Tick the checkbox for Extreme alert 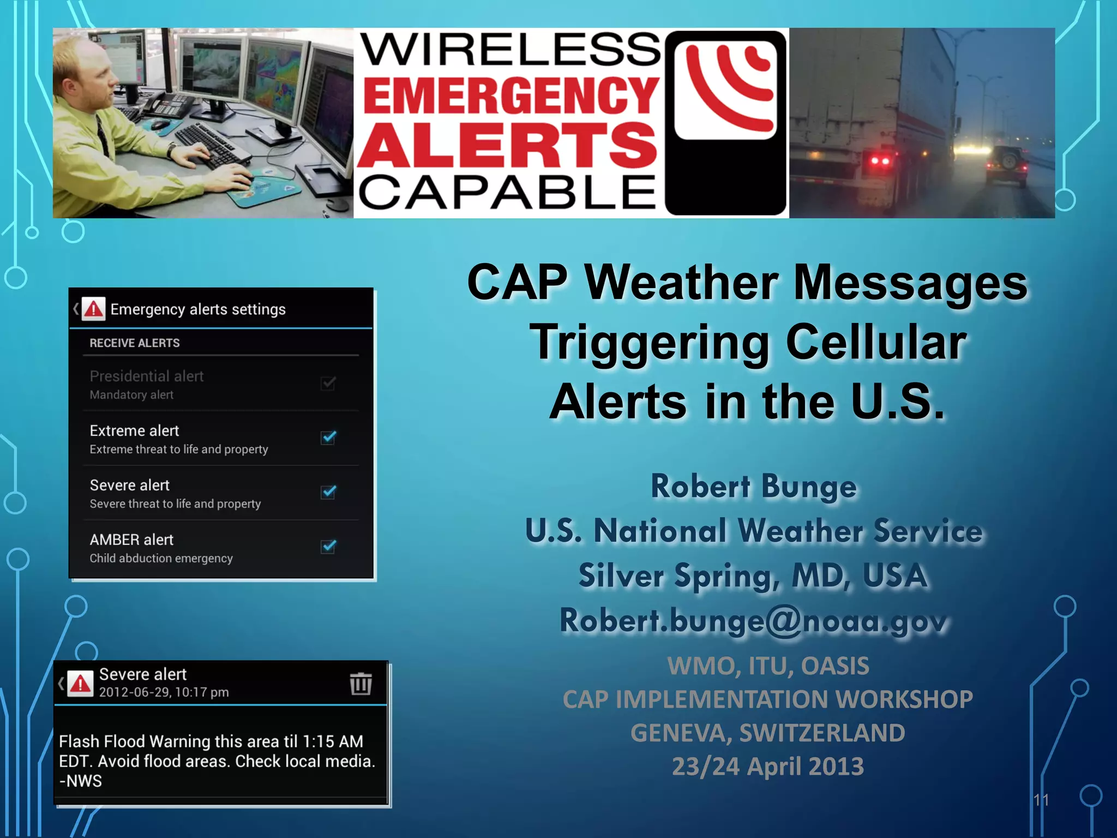(x=328, y=438)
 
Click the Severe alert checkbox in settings (x=328, y=492)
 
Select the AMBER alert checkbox (x=328, y=547)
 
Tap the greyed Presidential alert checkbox (x=328, y=383)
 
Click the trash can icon (x=361, y=684)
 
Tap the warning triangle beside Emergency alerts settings (x=94, y=309)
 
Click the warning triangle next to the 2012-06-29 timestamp (x=81, y=684)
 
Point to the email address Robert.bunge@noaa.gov (x=754, y=621)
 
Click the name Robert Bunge (x=754, y=486)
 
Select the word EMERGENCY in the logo (x=511, y=95)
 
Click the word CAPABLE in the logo (x=507, y=192)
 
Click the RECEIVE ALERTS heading (x=134, y=343)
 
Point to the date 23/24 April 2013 (x=767, y=766)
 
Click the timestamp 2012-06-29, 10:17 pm (x=164, y=692)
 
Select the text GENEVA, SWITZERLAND (x=767, y=733)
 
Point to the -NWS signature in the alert (x=81, y=781)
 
